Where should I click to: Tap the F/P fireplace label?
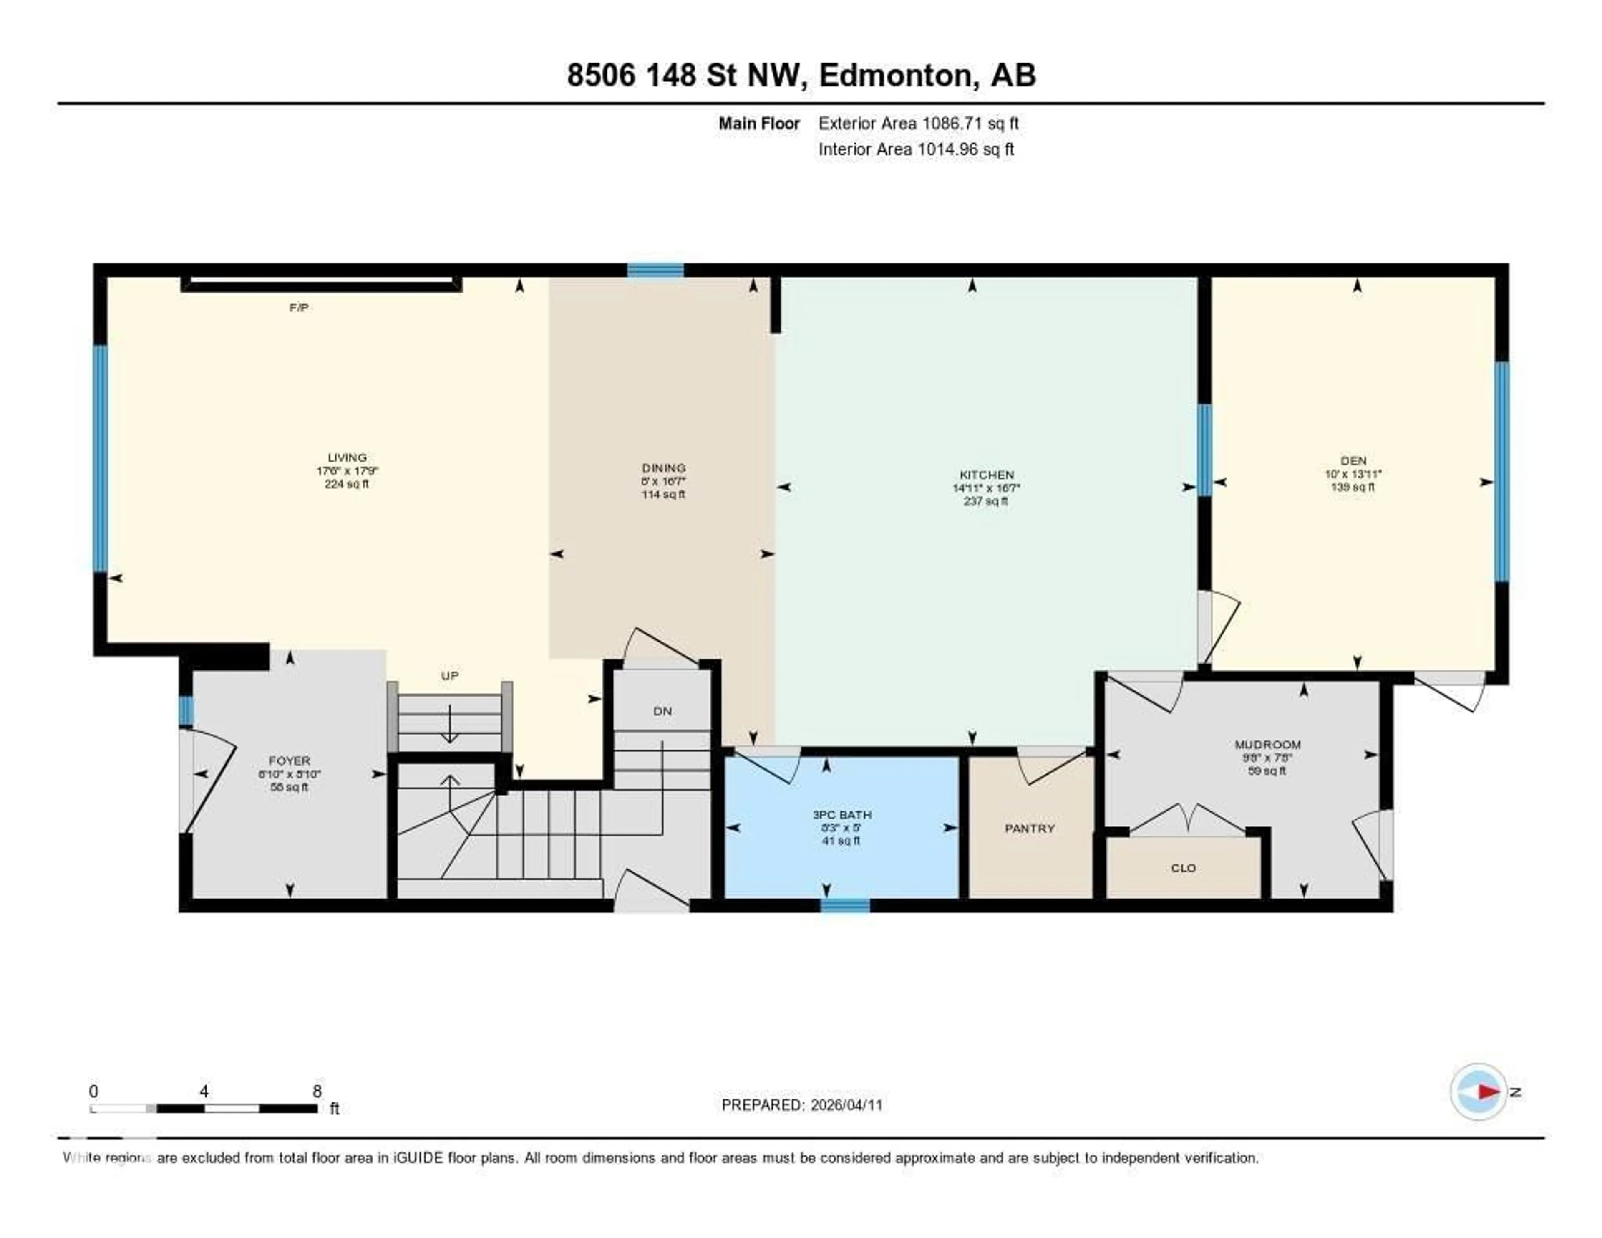299,308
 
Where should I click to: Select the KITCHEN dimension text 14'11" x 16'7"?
987,488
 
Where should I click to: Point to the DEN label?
1353,461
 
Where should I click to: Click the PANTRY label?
1030,829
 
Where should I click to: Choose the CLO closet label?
1183,868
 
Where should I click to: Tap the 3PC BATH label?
841,815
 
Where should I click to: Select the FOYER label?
289,761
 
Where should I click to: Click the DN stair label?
662,711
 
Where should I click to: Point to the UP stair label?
450,676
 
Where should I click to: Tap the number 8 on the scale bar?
317,1091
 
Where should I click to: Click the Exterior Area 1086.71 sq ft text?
918,123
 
